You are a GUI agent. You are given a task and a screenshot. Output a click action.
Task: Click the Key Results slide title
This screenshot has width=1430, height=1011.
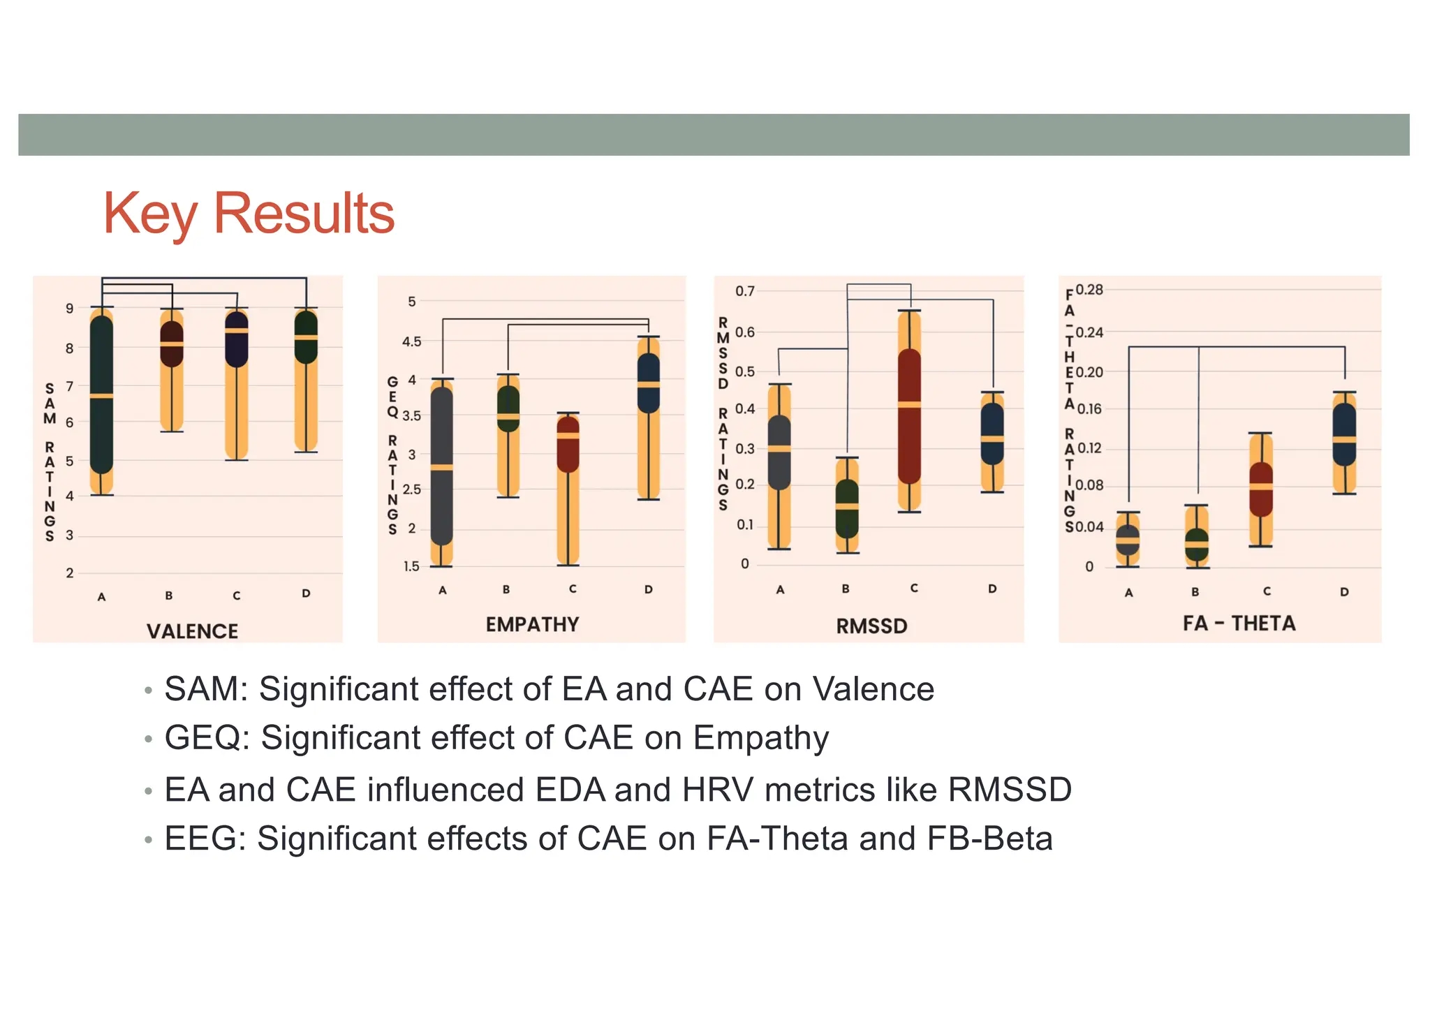coord(249,214)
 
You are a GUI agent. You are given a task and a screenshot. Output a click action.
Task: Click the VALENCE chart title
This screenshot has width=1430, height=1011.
coord(192,631)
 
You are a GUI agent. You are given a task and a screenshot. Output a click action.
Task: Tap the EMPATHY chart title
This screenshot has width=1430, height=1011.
coord(532,624)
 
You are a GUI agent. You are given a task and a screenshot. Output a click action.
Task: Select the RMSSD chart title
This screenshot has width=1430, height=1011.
coord(871,626)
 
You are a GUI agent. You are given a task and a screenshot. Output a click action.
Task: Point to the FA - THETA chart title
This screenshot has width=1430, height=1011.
coord(1239,623)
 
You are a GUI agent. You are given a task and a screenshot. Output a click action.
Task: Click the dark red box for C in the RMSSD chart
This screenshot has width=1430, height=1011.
coord(909,416)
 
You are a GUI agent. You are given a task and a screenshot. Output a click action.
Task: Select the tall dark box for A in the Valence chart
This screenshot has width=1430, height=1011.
coord(102,395)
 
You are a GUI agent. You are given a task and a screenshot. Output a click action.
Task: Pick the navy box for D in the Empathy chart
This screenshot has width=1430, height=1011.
coord(649,383)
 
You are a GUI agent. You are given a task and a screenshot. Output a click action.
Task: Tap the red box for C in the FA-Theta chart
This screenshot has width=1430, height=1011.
coord(1260,489)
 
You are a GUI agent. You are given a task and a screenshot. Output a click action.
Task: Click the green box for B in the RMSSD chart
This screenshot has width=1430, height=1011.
coord(847,508)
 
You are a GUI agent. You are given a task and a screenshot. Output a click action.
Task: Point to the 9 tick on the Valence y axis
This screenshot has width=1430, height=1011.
coord(69,308)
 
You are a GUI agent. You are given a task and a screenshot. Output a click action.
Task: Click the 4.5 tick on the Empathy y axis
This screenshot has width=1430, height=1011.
coord(412,341)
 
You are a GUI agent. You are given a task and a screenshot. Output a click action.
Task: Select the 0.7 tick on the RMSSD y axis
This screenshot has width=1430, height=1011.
coord(745,290)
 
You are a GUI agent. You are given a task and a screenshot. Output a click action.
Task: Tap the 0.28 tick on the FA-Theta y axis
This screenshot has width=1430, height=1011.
coord(1089,290)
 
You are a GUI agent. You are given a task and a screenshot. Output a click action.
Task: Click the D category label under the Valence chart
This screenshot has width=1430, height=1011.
coord(306,593)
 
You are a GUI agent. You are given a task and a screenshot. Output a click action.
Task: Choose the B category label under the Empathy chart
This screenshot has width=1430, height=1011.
coord(506,589)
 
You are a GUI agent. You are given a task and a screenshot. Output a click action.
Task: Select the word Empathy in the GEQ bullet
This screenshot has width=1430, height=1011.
coord(761,738)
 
